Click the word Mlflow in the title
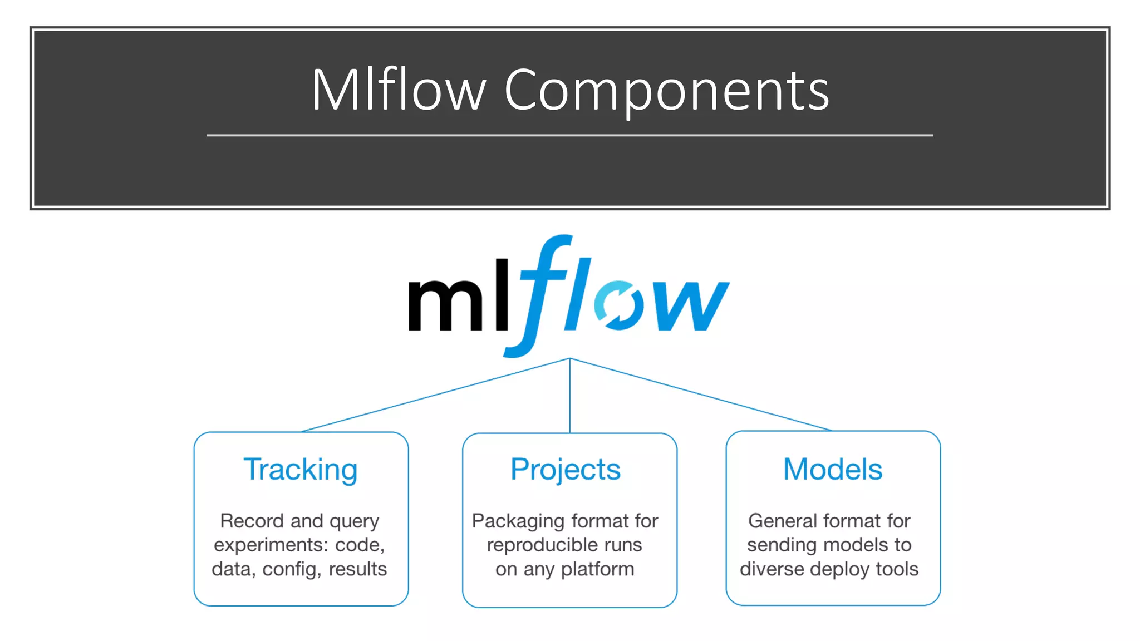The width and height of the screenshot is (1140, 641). [398, 90]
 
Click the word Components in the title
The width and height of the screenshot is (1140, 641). [666, 90]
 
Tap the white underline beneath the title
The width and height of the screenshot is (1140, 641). [569, 135]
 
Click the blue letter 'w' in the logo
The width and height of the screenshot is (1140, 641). [690, 305]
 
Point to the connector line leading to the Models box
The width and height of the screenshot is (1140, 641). [701, 395]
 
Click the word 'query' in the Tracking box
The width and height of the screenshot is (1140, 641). [354, 522]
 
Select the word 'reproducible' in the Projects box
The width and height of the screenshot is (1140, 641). [533, 545]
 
